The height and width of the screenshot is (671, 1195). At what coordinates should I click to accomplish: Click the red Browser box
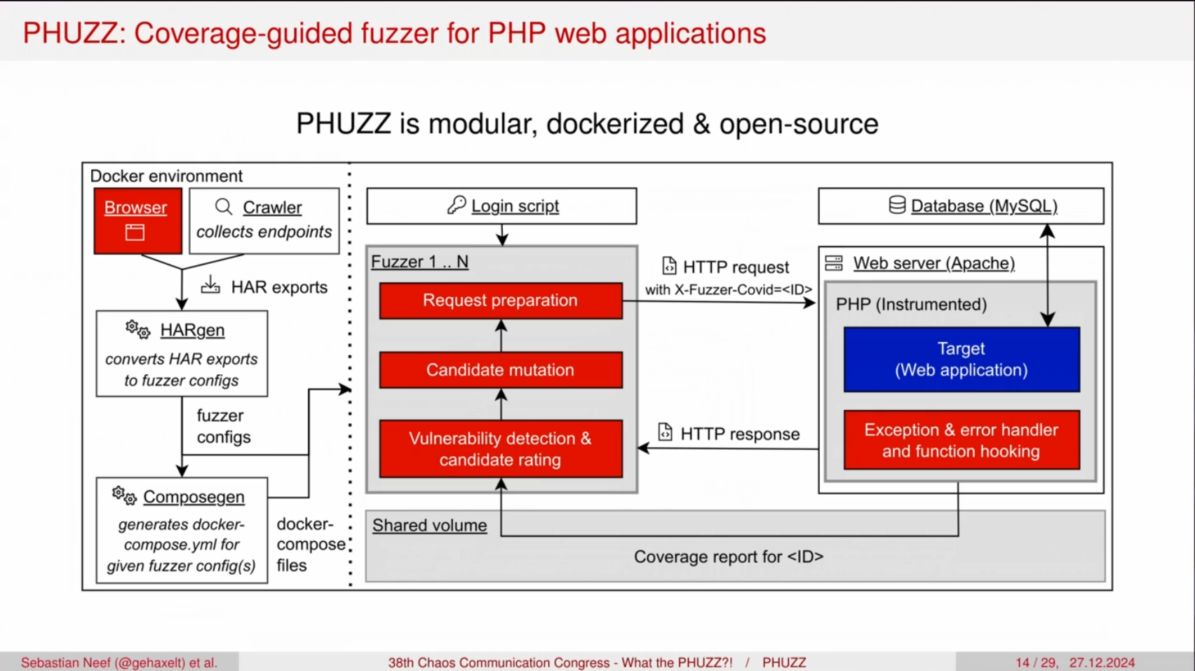tap(137, 220)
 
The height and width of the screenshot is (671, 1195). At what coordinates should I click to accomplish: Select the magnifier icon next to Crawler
tap(224, 206)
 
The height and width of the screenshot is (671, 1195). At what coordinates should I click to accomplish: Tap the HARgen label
tap(192, 330)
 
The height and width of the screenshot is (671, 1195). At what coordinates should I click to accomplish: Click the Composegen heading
tap(194, 497)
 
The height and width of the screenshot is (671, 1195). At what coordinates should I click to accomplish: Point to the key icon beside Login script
tap(457, 205)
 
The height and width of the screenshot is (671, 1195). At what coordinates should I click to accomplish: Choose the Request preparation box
tap(501, 300)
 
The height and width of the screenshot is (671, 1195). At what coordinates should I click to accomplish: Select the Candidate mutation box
tap(501, 370)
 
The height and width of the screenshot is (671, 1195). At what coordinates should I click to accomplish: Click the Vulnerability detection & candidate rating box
tap(501, 449)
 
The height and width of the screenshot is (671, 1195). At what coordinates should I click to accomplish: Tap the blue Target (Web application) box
tap(961, 359)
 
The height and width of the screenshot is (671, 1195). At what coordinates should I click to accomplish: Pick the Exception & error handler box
tap(961, 440)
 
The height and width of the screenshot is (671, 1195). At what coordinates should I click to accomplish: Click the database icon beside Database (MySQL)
tap(897, 205)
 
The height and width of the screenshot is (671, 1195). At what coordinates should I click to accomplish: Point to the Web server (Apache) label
tap(933, 263)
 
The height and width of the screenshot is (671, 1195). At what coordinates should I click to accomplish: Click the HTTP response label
tap(739, 434)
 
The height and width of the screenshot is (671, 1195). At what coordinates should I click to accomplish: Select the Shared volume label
tap(429, 526)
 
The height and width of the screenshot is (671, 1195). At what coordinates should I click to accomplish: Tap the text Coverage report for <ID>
tap(729, 557)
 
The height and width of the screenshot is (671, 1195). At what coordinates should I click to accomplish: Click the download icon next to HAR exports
tap(210, 285)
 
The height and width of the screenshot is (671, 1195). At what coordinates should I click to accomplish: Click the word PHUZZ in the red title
tap(70, 34)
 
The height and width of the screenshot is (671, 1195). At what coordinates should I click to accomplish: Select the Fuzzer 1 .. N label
tap(419, 262)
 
